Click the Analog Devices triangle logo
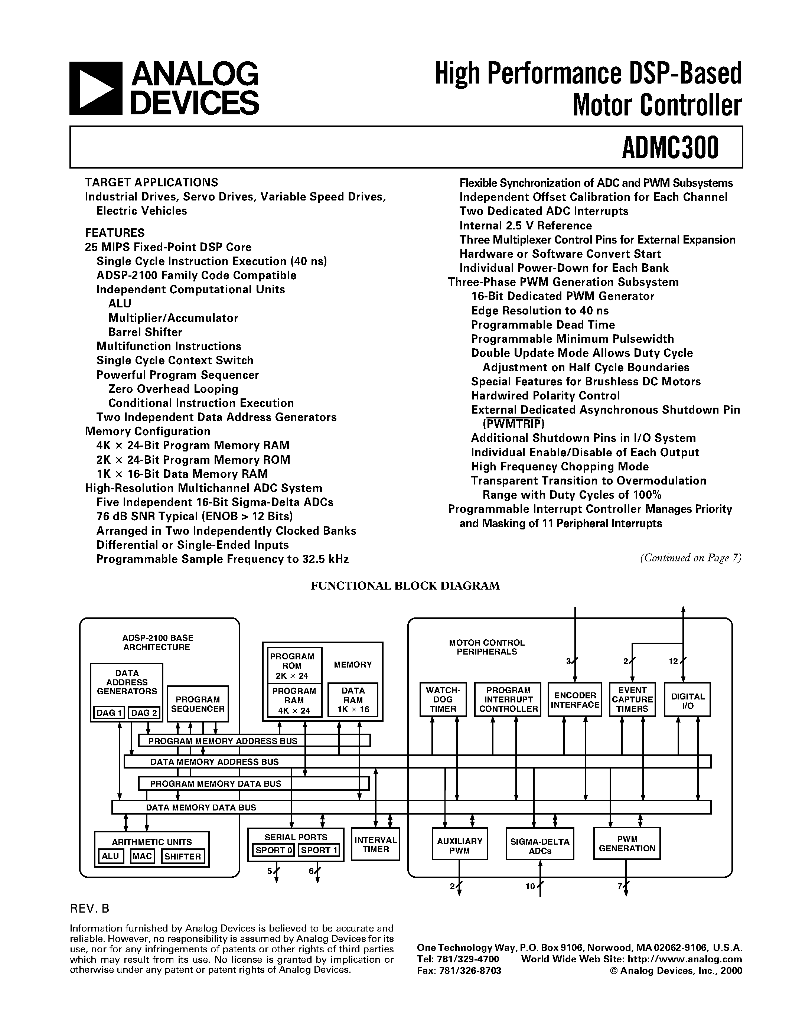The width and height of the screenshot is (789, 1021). (95, 88)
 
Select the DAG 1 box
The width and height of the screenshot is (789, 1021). (109, 712)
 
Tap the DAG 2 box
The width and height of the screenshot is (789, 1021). (143, 712)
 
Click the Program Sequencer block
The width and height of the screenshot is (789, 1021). (198, 704)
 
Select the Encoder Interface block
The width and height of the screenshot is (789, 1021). (575, 700)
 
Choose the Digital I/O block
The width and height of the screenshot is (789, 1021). (687, 700)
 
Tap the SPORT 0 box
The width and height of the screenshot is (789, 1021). (273, 850)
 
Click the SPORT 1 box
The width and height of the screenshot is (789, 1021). (319, 850)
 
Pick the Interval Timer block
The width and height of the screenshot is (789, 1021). (375, 844)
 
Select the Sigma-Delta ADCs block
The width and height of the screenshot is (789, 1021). (539, 846)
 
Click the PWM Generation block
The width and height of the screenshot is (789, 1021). (627, 844)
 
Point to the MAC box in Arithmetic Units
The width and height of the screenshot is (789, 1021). (142, 856)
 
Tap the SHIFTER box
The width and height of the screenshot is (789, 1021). (182, 857)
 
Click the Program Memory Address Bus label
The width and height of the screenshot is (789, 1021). (222, 741)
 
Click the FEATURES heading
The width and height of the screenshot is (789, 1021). (114, 233)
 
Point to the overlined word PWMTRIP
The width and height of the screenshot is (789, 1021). (514, 424)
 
